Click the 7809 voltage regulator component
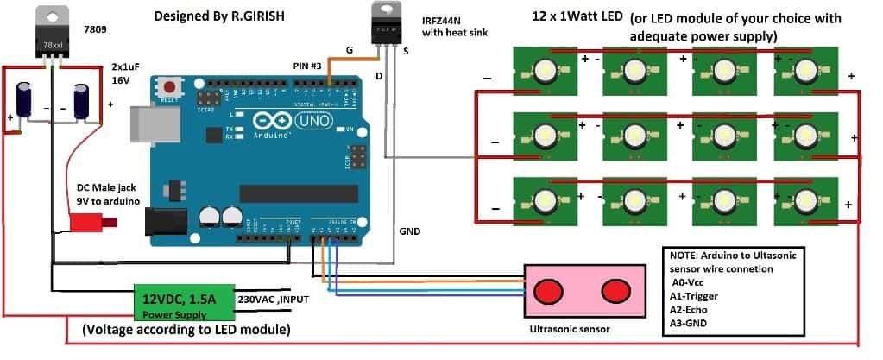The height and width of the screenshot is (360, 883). pos(53,35)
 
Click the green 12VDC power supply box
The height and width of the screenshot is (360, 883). pos(183,302)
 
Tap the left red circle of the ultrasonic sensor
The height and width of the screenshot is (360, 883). pos(547,290)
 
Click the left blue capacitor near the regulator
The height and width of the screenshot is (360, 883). pos(25,99)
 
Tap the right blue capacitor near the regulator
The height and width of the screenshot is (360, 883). pos(82,100)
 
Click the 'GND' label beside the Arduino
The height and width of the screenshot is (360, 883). pos(411,232)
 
